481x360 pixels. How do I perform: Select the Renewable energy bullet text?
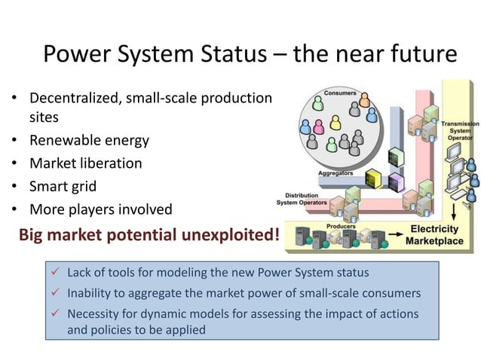[x=89, y=140]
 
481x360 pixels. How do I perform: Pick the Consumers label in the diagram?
[x=341, y=93]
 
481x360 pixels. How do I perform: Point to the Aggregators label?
[x=336, y=172]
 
